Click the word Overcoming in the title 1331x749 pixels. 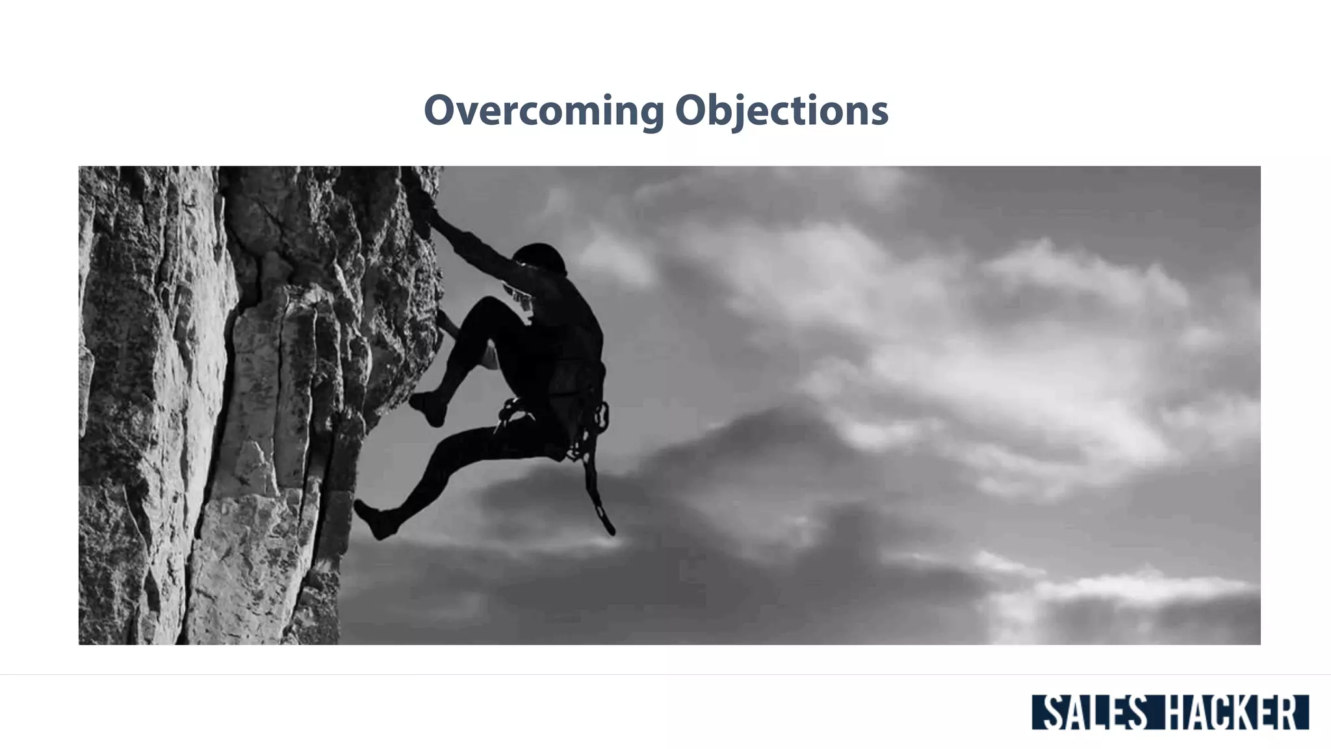point(543,111)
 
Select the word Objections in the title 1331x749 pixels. point(781,111)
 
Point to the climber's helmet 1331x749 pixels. point(541,257)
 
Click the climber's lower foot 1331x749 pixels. point(374,520)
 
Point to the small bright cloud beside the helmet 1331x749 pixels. point(614,260)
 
